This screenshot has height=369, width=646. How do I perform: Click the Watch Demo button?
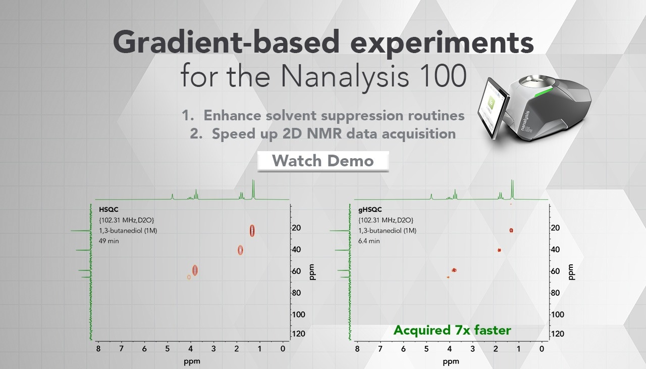point(323,161)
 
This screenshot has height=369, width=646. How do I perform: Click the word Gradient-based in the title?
point(226,43)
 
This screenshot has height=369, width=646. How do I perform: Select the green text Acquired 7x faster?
point(452,330)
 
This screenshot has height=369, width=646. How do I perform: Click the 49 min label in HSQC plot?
point(109,241)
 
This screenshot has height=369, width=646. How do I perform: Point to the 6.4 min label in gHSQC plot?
point(369,241)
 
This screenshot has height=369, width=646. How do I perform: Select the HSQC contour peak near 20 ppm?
point(252,230)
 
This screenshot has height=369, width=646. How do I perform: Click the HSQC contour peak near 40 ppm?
point(240,250)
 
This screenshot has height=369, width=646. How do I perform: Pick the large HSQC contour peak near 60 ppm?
point(195,270)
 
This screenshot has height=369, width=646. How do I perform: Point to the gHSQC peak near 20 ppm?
point(511,230)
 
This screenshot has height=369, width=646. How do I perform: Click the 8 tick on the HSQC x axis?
point(98,349)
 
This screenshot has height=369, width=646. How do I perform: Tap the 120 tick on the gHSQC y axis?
point(557,334)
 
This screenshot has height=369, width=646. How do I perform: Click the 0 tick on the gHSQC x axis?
point(542,349)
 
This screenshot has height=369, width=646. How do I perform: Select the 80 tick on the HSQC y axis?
point(296,293)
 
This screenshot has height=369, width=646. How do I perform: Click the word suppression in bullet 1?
point(362,116)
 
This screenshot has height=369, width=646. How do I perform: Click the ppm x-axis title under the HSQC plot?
point(192,362)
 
